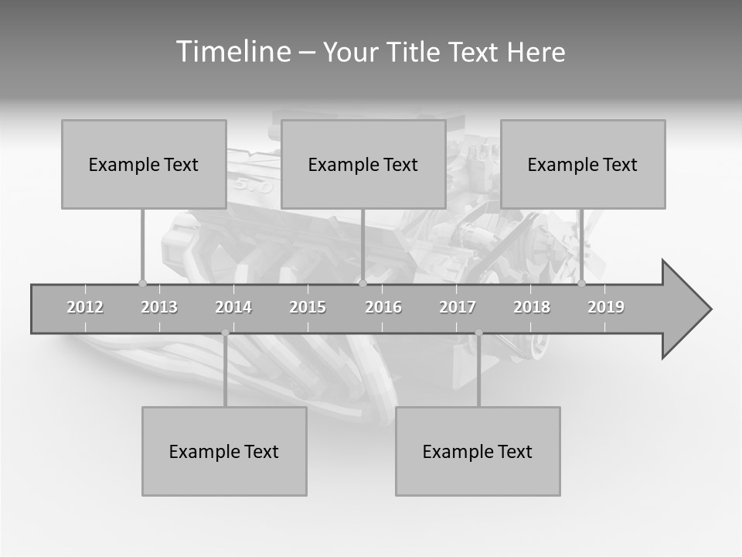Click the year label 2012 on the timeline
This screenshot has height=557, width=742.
point(85,307)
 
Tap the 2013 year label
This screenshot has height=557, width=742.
point(159,307)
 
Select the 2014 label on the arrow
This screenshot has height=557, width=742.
point(233,307)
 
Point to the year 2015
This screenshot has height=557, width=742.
point(308,307)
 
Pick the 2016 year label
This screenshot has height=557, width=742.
point(383,307)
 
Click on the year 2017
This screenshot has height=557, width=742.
point(458,307)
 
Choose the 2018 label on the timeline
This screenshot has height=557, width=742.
point(532,307)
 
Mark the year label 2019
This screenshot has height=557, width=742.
point(606,307)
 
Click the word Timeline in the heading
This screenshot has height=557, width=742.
point(232,52)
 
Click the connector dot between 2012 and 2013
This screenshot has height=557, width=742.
point(142,283)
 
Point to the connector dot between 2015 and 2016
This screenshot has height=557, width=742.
point(362,283)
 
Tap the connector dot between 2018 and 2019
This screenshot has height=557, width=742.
point(581,283)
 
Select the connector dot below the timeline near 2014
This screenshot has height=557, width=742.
point(225,333)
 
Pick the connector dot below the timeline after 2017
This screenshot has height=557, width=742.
point(478,333)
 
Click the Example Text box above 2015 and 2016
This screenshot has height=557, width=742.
point(362,164)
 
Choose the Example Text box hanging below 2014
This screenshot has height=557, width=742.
point(224,451)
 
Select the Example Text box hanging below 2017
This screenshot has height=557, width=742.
point(478,451)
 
